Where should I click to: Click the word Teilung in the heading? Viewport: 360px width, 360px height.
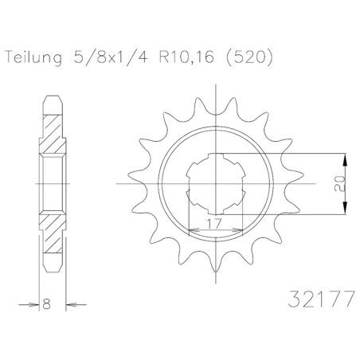[33, 58]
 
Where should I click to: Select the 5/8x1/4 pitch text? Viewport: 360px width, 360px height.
[111, 57]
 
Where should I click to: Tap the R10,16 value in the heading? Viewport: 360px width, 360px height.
[186, 57]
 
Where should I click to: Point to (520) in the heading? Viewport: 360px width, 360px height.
[248, 57]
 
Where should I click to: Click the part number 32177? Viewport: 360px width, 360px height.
[321, 299]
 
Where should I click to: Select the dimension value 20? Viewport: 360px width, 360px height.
[339, 183]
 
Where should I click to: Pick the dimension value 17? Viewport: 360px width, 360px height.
[214, 224]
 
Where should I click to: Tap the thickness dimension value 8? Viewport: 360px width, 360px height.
[46, 304]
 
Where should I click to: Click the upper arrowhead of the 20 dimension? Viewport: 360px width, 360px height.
[345, 160]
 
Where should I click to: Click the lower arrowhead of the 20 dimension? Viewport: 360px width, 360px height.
[345, 208]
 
